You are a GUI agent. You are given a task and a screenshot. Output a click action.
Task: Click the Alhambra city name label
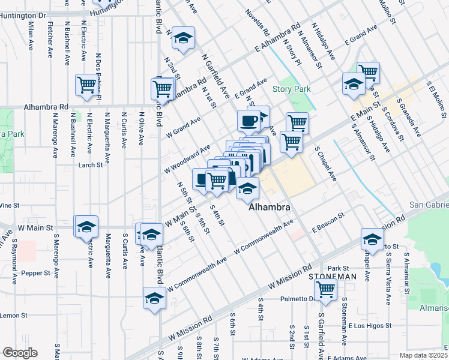(x=270, y=207)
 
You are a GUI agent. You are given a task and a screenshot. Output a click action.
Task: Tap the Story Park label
(x=292, y=89)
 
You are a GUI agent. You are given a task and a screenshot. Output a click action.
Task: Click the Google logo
(x=19, y=353)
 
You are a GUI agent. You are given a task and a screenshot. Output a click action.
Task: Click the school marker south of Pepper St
(x=154, y=298)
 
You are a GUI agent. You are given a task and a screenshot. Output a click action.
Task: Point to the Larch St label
(x=91, y=164)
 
